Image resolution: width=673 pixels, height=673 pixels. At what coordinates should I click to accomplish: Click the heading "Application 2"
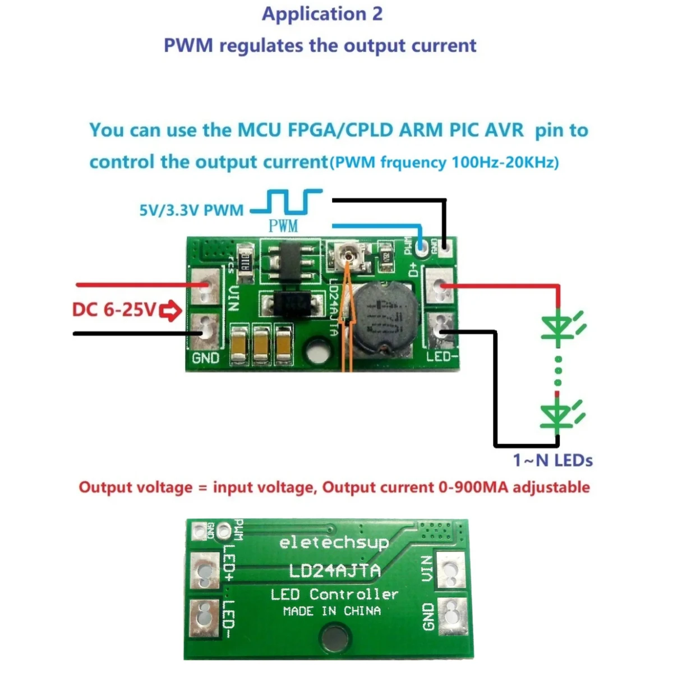[x=322, y=14]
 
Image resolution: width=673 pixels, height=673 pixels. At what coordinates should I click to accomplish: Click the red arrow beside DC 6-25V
[x=170, y=311]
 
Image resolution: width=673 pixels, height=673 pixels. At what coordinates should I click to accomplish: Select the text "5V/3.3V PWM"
[x=191, y=211]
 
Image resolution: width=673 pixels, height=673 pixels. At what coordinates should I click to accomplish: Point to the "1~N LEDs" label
[x=552, y=460]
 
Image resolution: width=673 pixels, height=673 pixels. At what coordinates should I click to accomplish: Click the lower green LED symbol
[x=557, y=415]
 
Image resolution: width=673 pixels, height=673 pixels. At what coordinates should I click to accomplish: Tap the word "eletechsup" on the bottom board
[x=334, y=542]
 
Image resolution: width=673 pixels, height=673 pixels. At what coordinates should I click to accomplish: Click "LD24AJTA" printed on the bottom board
[x=334, y=571]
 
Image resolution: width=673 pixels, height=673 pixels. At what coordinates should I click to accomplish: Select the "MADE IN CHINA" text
[x=332, y=611]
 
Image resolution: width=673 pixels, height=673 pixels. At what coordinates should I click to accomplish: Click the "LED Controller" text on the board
[x=334, y=594]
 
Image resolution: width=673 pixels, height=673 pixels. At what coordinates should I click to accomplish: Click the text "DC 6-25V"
[x=114, y=310]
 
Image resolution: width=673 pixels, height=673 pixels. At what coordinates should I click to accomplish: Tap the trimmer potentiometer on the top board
[x=351, y=257]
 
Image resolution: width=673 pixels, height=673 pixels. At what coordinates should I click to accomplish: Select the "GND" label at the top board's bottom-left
[x=206, y=357]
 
